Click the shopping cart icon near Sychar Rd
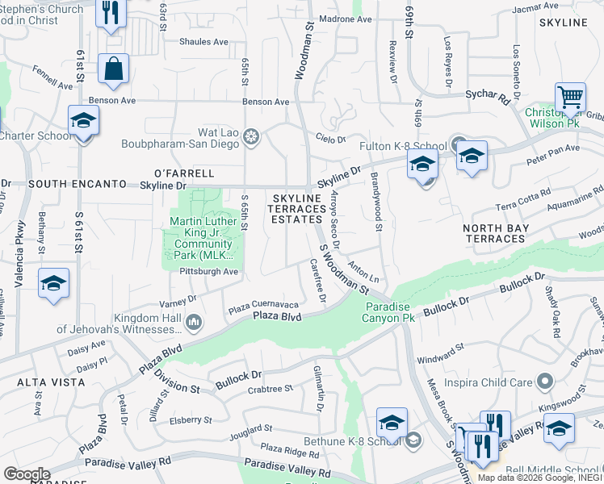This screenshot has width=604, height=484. (x=571, y=98)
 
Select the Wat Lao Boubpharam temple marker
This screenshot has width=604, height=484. (x=251, y=138)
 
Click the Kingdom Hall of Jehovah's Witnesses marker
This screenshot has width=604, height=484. (x=193, y=323)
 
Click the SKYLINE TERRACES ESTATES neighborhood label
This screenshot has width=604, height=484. (x=302, y=208)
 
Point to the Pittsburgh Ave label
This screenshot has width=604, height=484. (x=209, y=272)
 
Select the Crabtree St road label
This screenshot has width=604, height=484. (x=270, y=389)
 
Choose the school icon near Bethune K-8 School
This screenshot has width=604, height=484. (x=392, y=422)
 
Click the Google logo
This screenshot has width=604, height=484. (x=27, y=474)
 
